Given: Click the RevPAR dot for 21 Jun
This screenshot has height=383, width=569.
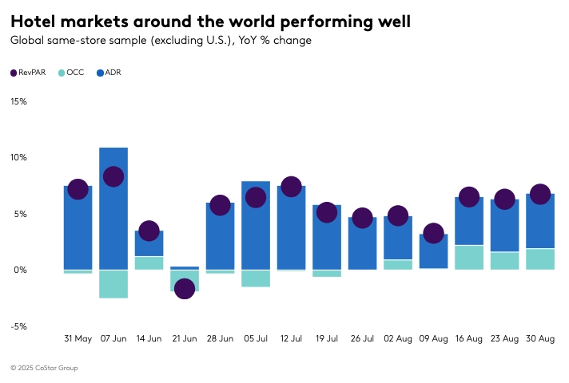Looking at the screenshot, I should pos(185,288).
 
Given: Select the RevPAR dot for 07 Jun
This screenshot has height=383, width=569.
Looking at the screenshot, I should pos(113,176).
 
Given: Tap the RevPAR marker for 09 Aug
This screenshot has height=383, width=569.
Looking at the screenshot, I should pos(433,233).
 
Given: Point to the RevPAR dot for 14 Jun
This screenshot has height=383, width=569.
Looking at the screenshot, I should pos(149,231).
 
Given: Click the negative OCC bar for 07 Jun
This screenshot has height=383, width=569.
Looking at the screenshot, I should pos(113,284).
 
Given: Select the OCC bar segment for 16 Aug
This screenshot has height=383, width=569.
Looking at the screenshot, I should pos(469,257).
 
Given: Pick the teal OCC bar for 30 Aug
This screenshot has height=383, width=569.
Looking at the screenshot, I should pos(540,259).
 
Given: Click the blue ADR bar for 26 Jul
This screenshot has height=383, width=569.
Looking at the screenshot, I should pos(362,243).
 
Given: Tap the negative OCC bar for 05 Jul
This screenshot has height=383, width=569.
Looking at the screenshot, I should pos(256,278).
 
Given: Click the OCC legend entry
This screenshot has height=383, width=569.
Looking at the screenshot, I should pos(70,73).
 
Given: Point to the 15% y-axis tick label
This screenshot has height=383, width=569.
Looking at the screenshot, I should pos(18,101).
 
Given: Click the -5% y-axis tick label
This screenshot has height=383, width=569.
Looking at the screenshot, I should pos(18,326).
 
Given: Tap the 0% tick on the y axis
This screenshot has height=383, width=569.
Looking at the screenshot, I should pos(21,270).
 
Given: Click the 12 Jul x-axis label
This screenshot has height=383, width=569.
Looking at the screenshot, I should pos(291,339).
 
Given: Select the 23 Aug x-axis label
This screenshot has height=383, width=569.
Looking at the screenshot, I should pos(504,339).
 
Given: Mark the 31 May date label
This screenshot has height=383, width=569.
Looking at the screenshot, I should pos(78,339).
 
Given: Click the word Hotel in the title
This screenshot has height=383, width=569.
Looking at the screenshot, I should pos(37,22).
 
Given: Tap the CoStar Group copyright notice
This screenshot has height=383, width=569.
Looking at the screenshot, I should pos(44,368).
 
